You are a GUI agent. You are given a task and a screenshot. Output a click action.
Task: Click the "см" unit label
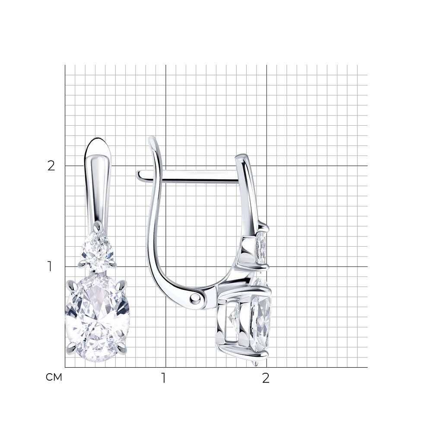pyautogui.click(x=54, y=377)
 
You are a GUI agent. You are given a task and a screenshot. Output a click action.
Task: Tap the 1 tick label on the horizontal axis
pyautogui.click(x=164, y=378)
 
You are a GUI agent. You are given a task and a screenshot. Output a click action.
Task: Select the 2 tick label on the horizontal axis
pyautogui.click(x=266, y=378)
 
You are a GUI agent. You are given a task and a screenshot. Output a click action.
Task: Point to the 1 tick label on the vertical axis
pyautogui.click(x=50, y=267)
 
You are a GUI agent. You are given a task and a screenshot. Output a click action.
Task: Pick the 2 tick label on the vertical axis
pyautogui.click(x=51, y=165)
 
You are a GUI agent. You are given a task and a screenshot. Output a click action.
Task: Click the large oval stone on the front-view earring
pyautogui.click(x=97, y=319)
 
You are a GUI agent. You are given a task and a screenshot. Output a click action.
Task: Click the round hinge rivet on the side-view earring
pyautogui.click(x=195, y=297)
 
